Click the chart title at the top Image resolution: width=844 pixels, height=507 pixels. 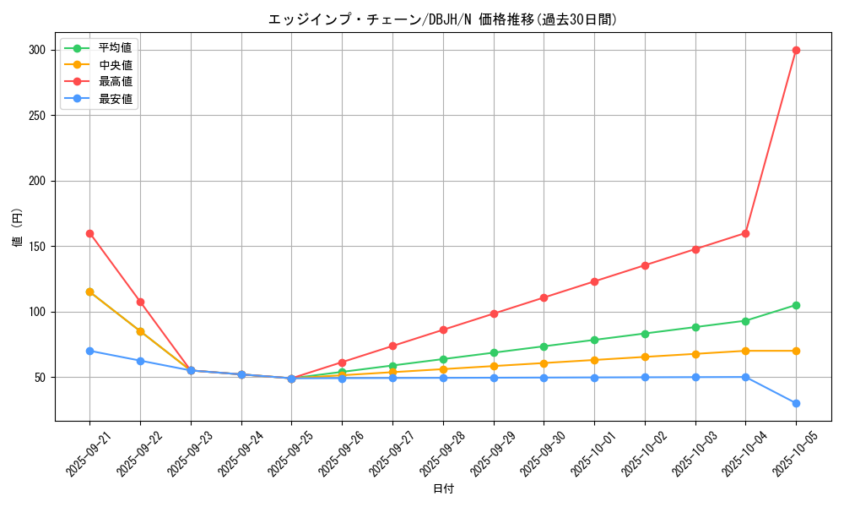(x=442, y=19)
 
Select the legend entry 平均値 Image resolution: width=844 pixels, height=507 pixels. (x=115, y=47)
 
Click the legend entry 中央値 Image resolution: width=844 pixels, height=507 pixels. (x=115, y=64)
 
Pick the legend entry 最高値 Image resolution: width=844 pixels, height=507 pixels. (x=115, y=82)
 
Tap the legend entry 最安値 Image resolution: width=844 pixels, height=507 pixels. (x=115, y=99)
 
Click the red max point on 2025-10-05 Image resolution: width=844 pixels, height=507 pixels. (x=796, y=50)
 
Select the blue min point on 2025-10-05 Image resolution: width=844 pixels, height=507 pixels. (x=796, y=403)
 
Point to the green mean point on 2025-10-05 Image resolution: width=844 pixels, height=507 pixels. (x=796, y=305)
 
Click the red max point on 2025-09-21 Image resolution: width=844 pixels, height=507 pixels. (x=89, y=233)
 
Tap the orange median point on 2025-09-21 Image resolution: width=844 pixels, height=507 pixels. (x=89, y=292)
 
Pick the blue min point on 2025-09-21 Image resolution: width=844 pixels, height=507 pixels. (x=89, y=351)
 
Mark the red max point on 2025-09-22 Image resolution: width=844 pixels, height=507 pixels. (x=140, y=302)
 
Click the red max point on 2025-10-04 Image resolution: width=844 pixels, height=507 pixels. (x=745, y=233)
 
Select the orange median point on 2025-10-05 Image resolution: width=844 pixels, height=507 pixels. (x=796, y=351)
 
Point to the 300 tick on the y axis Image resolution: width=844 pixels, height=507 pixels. (x=37, y=50)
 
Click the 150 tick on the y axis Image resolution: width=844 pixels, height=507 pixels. (x=37, y=247)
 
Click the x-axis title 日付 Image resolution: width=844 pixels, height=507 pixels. (x=443, y=489)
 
